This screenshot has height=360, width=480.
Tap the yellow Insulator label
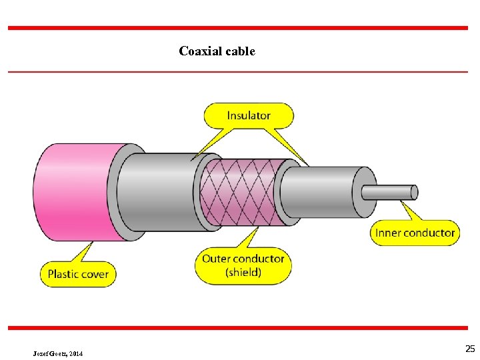pos(249,115)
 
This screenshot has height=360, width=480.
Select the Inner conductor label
pos(415,233)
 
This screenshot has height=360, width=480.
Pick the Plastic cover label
pos(77,274)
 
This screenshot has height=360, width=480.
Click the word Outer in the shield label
pos(215,259)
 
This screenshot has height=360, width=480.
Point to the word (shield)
pos(243,272)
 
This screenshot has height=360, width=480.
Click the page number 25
pos(470,349)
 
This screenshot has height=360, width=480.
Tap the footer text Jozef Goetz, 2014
pos(58,353)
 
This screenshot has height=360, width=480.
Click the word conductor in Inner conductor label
pos(429,233)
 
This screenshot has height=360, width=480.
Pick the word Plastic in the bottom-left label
pos(63,274)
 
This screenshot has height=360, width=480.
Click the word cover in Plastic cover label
pos(95,274)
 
